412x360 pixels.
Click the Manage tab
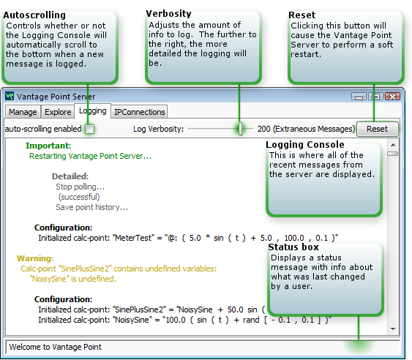[23, 112]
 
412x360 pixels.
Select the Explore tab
[58, 112]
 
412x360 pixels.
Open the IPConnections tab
[139, 112]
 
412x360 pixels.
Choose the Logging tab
[92, 111]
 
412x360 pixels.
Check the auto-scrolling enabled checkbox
[90, 129]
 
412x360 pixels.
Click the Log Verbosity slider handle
[241, 129]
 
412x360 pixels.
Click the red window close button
[392, 97]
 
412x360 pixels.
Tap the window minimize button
[359, 97]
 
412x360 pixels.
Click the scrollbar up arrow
[393, 145]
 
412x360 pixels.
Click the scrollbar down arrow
[393, 329]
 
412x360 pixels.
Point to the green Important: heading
[48, 146]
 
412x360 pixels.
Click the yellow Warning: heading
[35, 258]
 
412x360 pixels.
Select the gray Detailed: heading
[70, 176]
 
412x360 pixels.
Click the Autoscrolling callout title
[34, 15]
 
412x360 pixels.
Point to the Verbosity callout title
[169, 14]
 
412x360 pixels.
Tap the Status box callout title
[293, 247]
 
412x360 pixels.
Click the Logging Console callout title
[305, 145]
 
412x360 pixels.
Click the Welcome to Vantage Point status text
[55, 347]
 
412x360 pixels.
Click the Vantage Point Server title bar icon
[10, 96]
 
